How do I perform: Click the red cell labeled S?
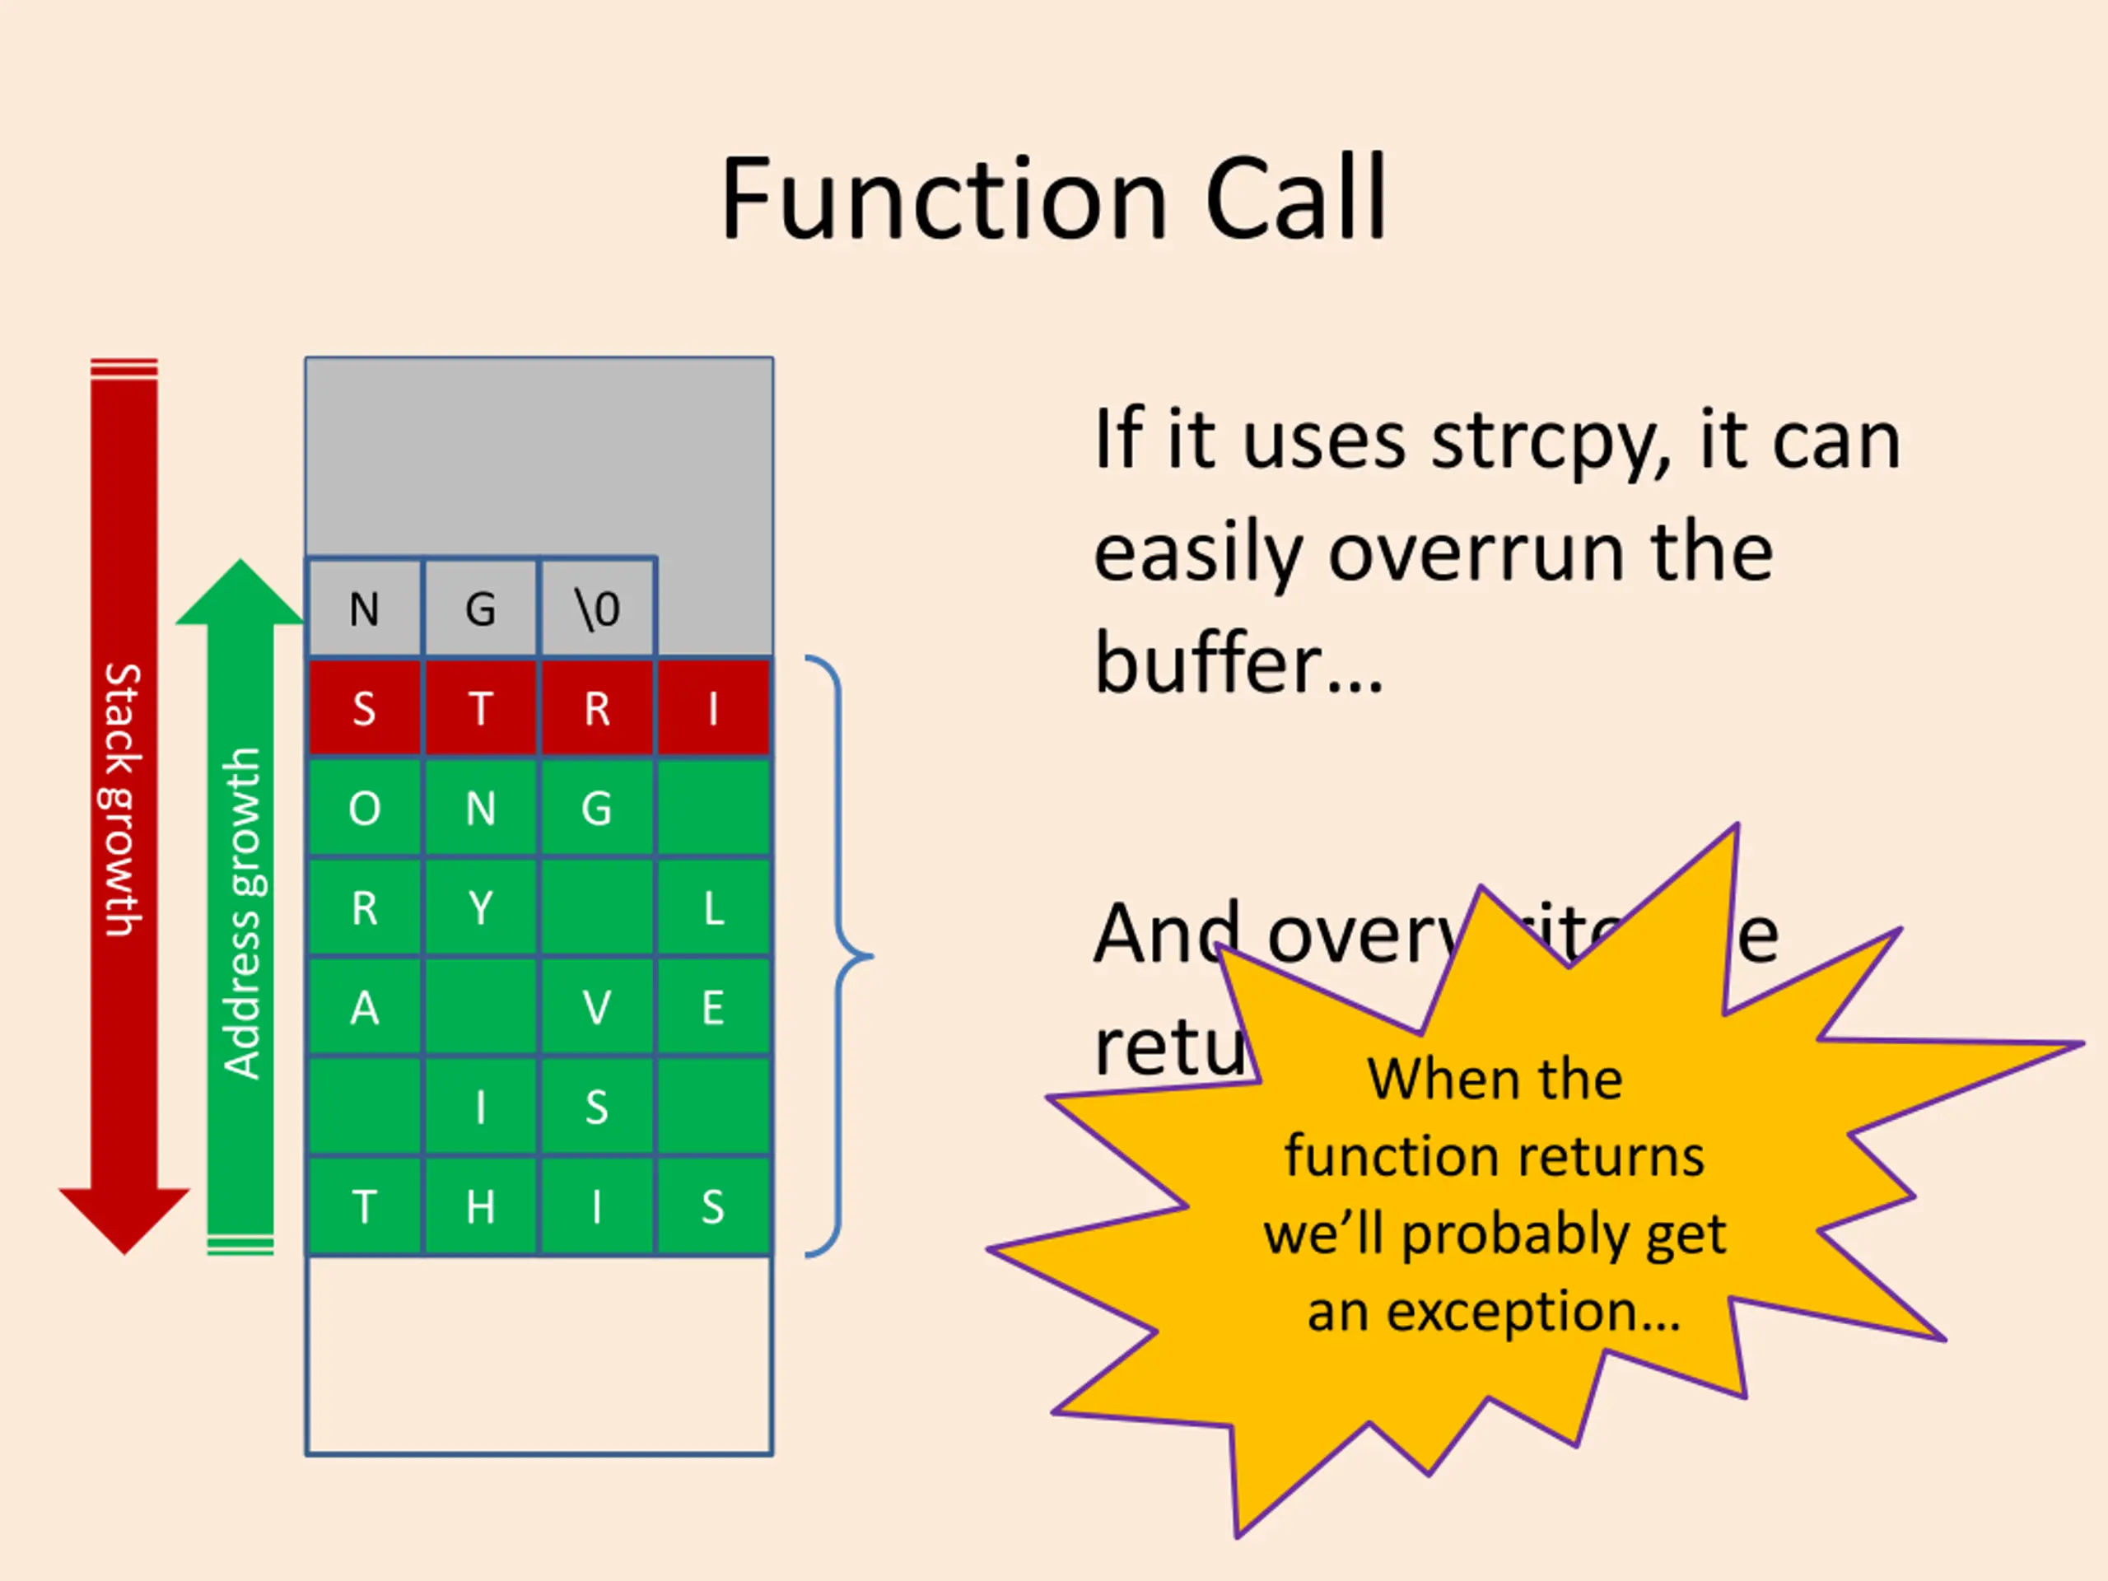pyautogui.click(x=364, y=709)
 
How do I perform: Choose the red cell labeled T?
pyautogui.click(x=480, y=709)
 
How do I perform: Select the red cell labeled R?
pyautogui.click(x=598, y=709)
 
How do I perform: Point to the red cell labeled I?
pyautogui.click(x=713, y=709)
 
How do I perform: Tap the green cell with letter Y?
pyautogui.click(x=480, y=908)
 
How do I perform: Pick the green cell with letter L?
pyautogui.click(x=713, y=908)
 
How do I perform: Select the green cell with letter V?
pyautogui.click(x=598, y=1008)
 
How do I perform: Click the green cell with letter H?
pyautogui.click(x=480, y=1207)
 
